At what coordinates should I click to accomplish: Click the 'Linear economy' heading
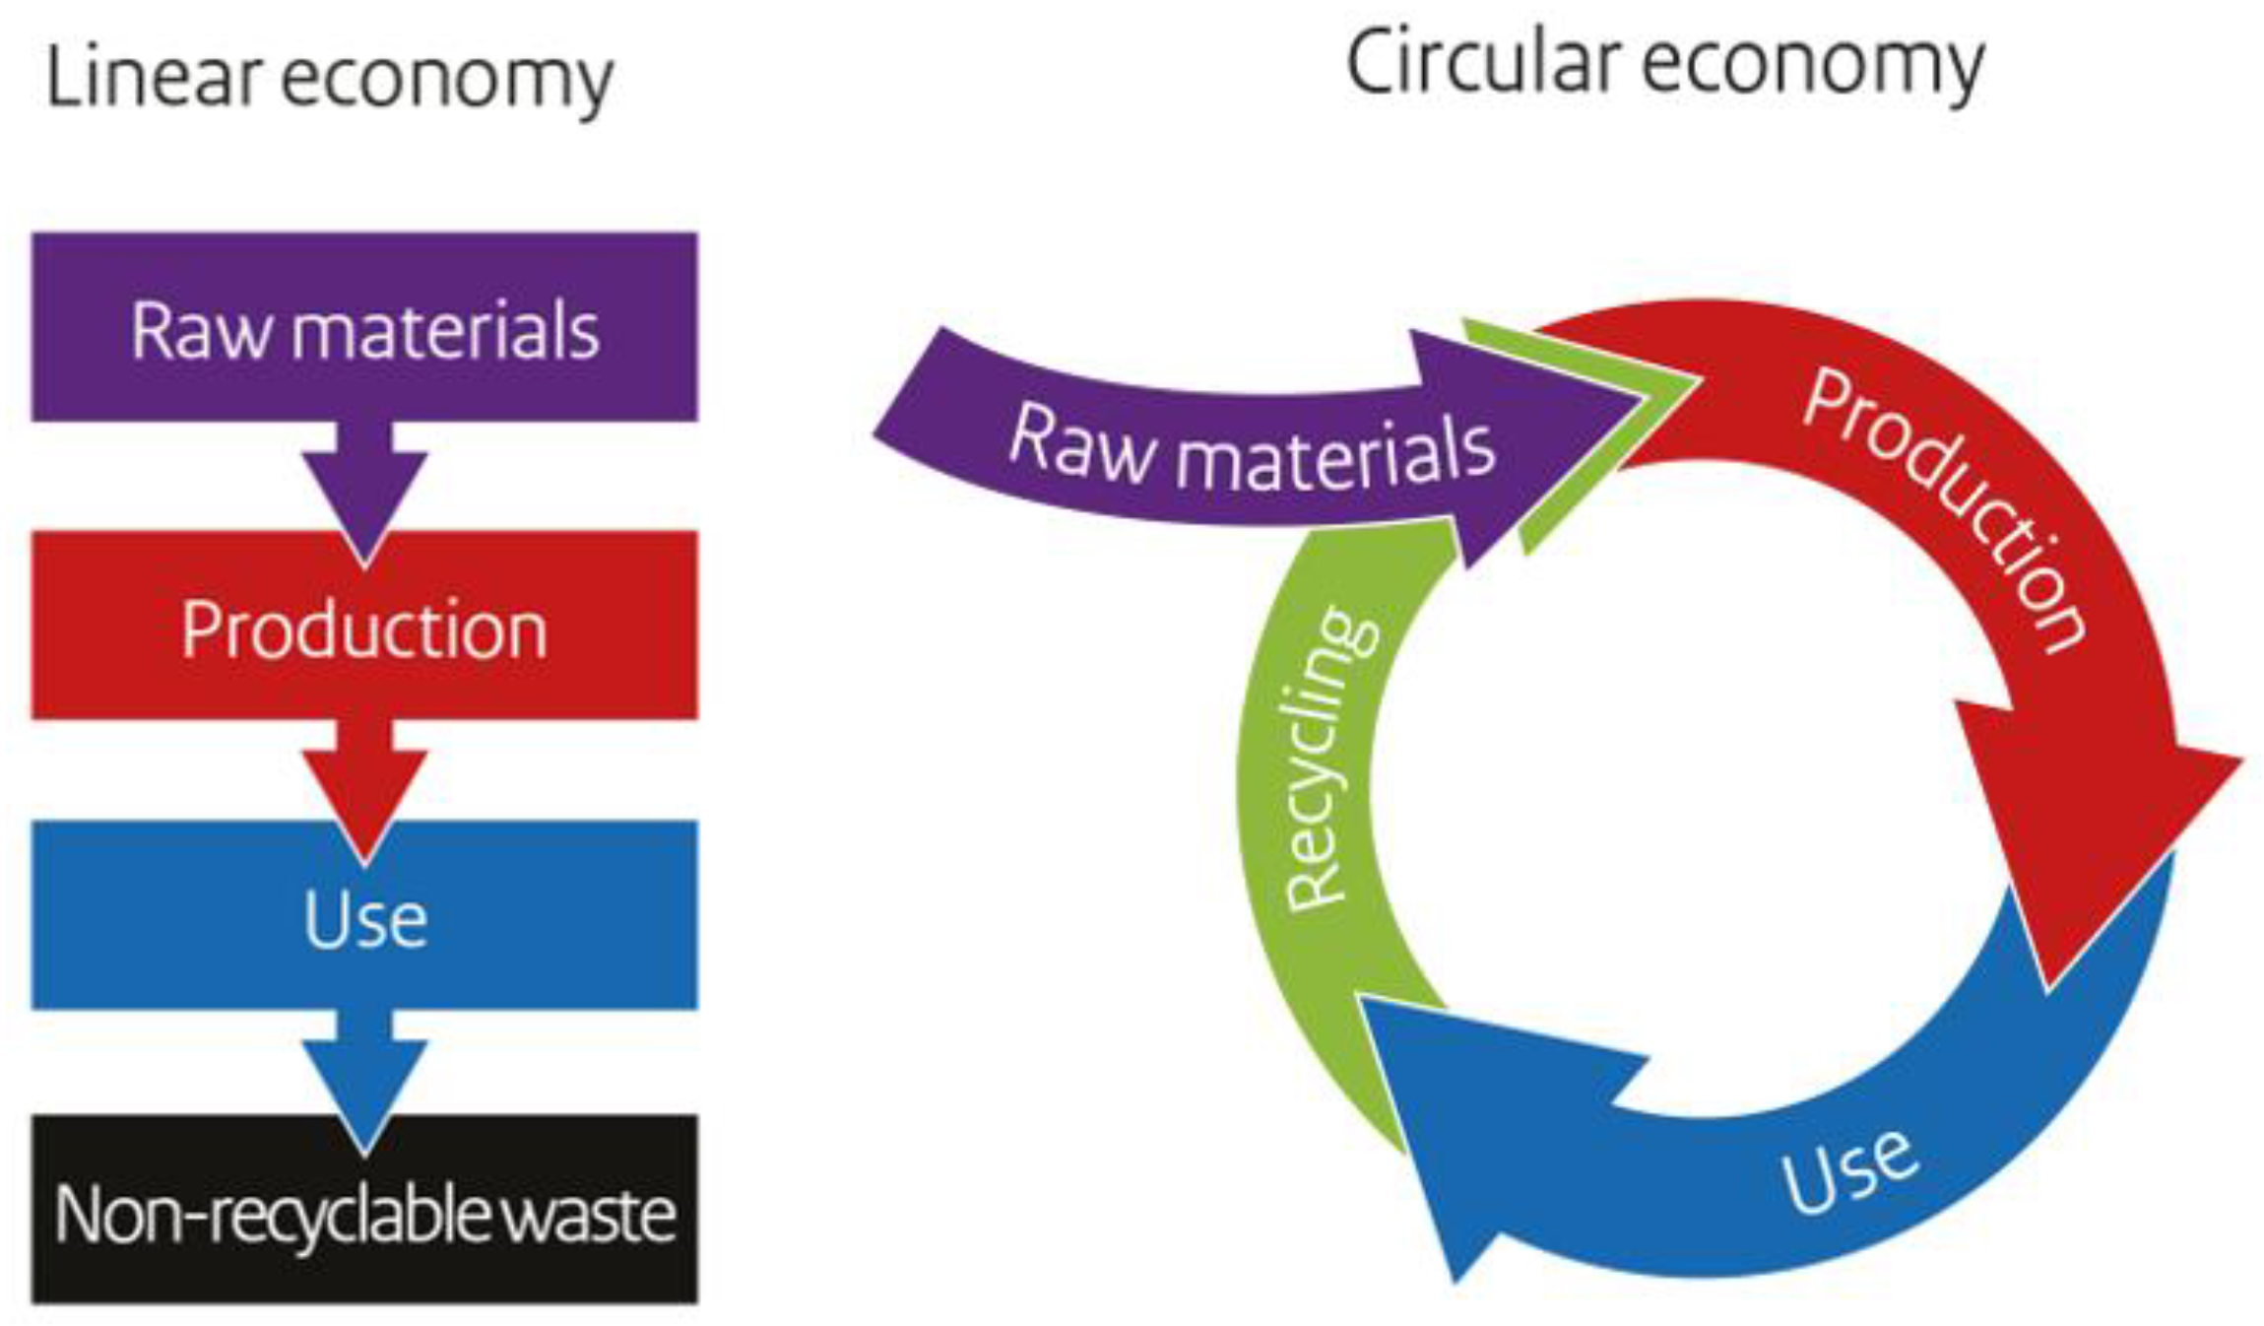point(330,79)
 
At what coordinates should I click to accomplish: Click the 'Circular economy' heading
point(1664,64)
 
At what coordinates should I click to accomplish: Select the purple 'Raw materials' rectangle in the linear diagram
point(364,328)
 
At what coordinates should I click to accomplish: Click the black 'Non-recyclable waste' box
point(364,1212)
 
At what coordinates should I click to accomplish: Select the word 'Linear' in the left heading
point(153,79)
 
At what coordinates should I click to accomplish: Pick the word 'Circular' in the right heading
point(1482,64)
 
